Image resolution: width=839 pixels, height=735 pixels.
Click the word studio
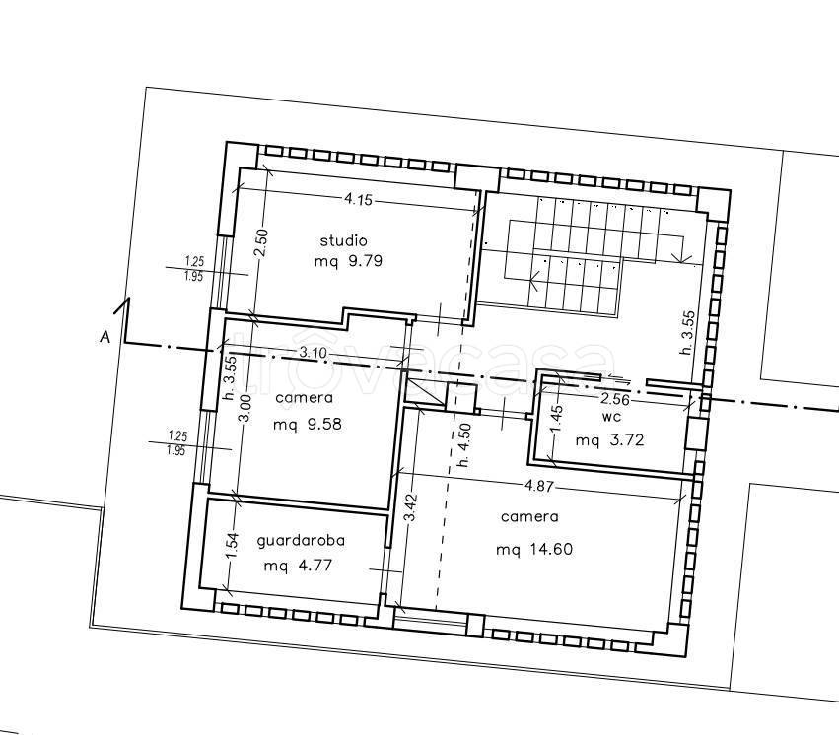point(343,240)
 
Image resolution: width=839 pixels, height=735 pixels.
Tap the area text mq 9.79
point(348,261)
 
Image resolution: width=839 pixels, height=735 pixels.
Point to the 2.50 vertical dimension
point(262,243)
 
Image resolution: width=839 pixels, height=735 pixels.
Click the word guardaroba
point(301,541)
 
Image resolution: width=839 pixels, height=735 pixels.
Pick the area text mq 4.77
point(298,565)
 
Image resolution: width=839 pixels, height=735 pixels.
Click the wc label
point(610,418)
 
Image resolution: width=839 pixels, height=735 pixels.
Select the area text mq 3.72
point(609,440)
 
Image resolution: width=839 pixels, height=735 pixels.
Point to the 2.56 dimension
point(615,399)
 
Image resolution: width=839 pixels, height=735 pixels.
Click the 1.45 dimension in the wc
point(558,419)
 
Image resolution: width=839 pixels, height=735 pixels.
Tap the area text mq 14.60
point(534,549)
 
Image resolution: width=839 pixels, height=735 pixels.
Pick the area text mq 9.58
point(308,425)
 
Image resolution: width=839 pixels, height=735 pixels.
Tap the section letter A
point(105,337)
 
